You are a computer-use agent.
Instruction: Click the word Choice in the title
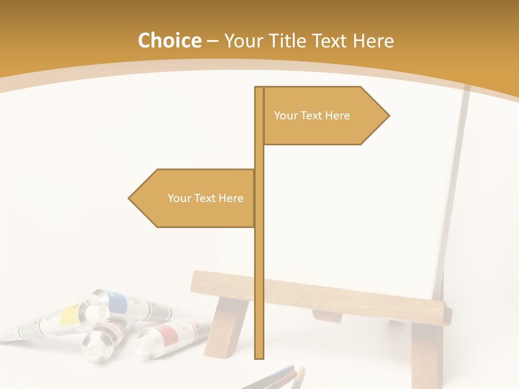coord(169,41)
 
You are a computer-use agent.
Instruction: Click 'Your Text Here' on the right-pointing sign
coord(312,116)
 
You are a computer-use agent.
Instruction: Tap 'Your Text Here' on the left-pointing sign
coord(205,198)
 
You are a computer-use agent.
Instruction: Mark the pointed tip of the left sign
coord(130,198)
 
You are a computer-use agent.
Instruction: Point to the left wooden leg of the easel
coord(227,330)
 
